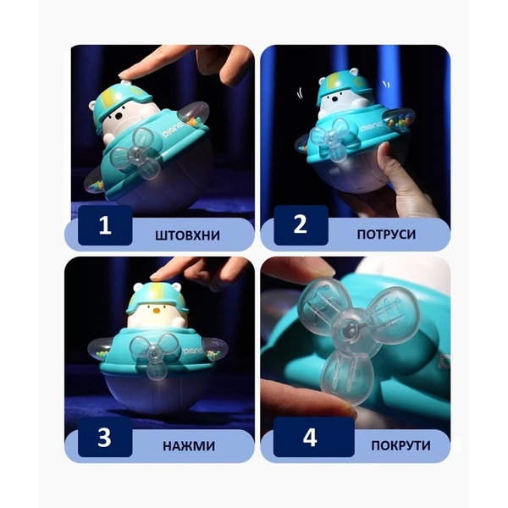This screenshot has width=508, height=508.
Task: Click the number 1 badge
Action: pos(105,225)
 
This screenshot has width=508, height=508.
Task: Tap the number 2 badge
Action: pos(301,225)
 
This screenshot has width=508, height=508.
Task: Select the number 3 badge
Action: pos(105,437)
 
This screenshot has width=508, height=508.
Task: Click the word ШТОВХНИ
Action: pos(188,235)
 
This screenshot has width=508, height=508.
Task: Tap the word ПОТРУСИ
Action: pos(386,235)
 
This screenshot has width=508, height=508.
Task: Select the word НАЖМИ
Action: pos(189,446)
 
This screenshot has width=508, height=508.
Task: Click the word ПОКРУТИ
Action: pos(400,445)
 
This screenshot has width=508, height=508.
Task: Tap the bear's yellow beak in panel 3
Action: pos(157,311)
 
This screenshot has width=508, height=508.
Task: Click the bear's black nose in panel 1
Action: pos(121,115)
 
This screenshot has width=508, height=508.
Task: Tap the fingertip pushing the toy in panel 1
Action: pos(126,75)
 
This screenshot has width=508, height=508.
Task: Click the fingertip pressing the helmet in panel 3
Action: pos(158,277)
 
